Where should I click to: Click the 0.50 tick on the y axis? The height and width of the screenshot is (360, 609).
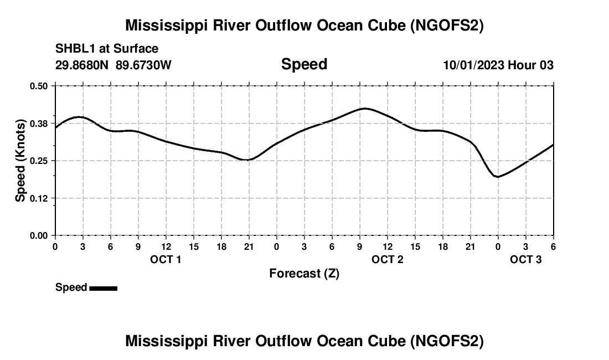click(39, 86)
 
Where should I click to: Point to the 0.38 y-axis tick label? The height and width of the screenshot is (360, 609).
click(39, 123)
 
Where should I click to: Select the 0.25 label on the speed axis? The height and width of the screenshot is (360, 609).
click(39, 161)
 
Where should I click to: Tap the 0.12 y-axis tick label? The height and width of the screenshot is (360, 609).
click(39, 198)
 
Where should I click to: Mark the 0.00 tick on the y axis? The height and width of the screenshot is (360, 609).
click(39, 236)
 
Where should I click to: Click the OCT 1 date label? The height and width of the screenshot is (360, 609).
click(166, 260)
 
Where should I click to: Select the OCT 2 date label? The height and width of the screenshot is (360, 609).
click(387, 260)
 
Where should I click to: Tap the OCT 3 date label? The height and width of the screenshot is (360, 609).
click(525, 260)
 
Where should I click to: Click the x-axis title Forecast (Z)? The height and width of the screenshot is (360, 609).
click(304, 274)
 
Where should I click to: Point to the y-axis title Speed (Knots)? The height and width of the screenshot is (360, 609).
click(20, 161)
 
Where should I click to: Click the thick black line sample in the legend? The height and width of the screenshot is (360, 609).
click(103, 288)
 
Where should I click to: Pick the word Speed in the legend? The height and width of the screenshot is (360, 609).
click(71, 287)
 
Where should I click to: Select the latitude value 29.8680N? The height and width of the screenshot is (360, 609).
click(83, 65)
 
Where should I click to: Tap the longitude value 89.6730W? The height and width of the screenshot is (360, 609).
click(143, 65)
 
